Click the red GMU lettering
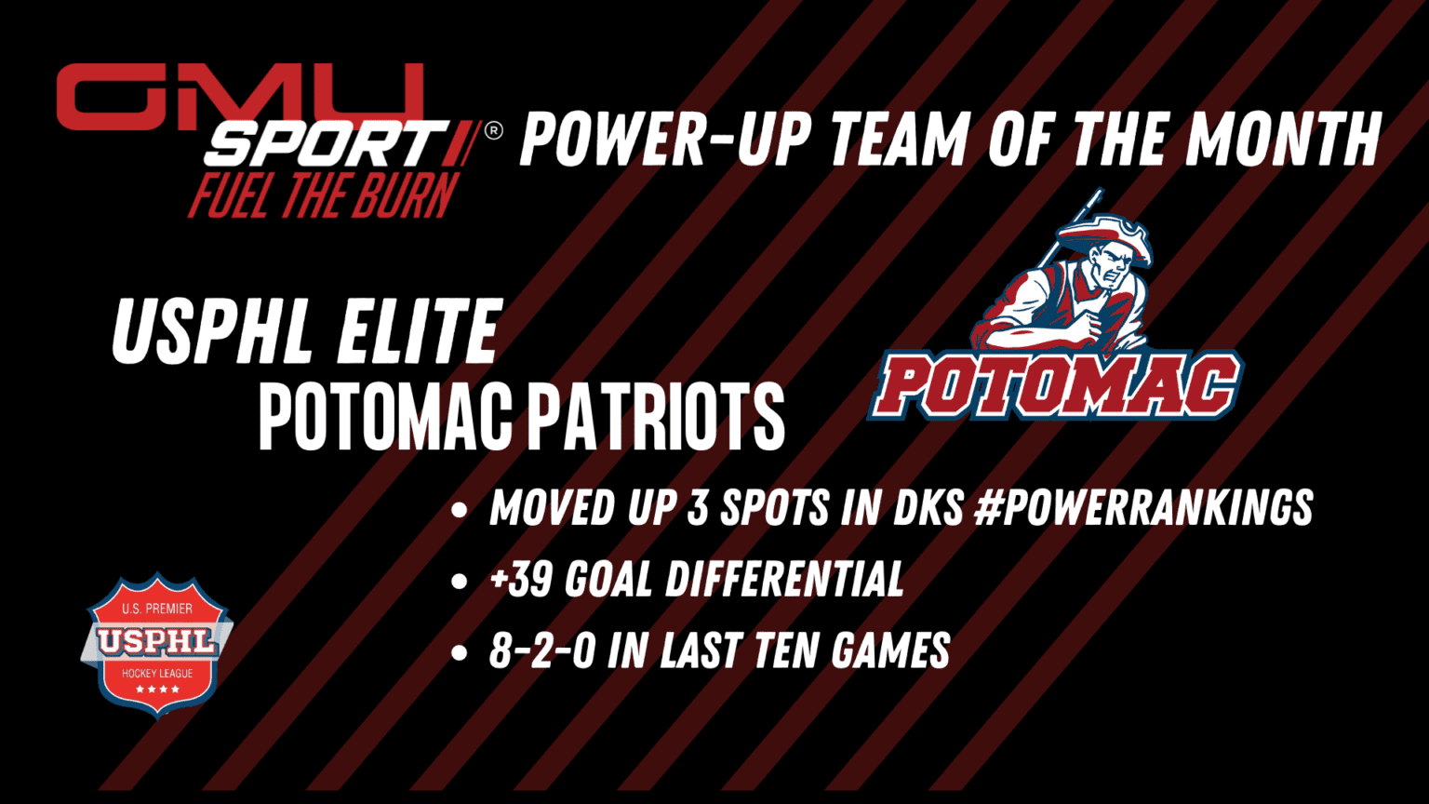pos(240,98)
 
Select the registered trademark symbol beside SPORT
pos(494,131)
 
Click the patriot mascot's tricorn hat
pos(1103,238)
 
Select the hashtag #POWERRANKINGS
pos(1143,508)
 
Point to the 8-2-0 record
pos(541,650)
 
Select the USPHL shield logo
pos(157,643)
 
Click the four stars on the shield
pos(157,690)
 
